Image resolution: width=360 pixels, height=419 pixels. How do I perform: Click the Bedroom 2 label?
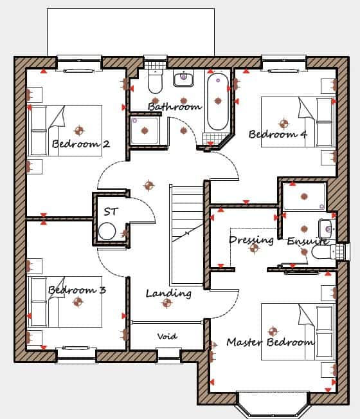pos(80,144)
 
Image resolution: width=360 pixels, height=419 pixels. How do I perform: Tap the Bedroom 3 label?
pos(77,290)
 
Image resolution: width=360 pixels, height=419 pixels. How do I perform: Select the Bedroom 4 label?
pos(278,134)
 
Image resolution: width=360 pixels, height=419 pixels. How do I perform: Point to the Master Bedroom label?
pos(270,342)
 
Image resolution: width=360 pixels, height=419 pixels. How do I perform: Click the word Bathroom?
pos(174,107)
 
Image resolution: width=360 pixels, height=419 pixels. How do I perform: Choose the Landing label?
pos(168,293)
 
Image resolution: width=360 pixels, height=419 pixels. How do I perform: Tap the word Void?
pos(167,336)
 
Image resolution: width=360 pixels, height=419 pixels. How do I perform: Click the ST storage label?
pos(111,212)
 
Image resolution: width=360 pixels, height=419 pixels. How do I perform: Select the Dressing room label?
pos(251,240)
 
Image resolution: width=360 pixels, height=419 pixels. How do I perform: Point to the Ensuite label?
pos(308,241)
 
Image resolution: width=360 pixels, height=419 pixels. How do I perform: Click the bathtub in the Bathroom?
pos(218,102)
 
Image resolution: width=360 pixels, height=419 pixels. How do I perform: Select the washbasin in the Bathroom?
pos(184,78)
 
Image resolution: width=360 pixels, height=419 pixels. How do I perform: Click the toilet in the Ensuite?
pos(323,252)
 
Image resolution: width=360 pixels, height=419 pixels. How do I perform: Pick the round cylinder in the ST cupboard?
pos(107,231)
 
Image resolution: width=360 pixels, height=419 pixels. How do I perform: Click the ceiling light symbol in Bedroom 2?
pos(79,131)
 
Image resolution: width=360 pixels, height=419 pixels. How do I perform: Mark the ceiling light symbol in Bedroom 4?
pos(283,124)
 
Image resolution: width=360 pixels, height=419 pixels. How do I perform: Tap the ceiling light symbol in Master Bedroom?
pos(273,331)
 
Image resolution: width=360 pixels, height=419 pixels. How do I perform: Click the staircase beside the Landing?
pos(187,235)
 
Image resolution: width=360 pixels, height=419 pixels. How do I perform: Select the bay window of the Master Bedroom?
pos(273,406)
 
